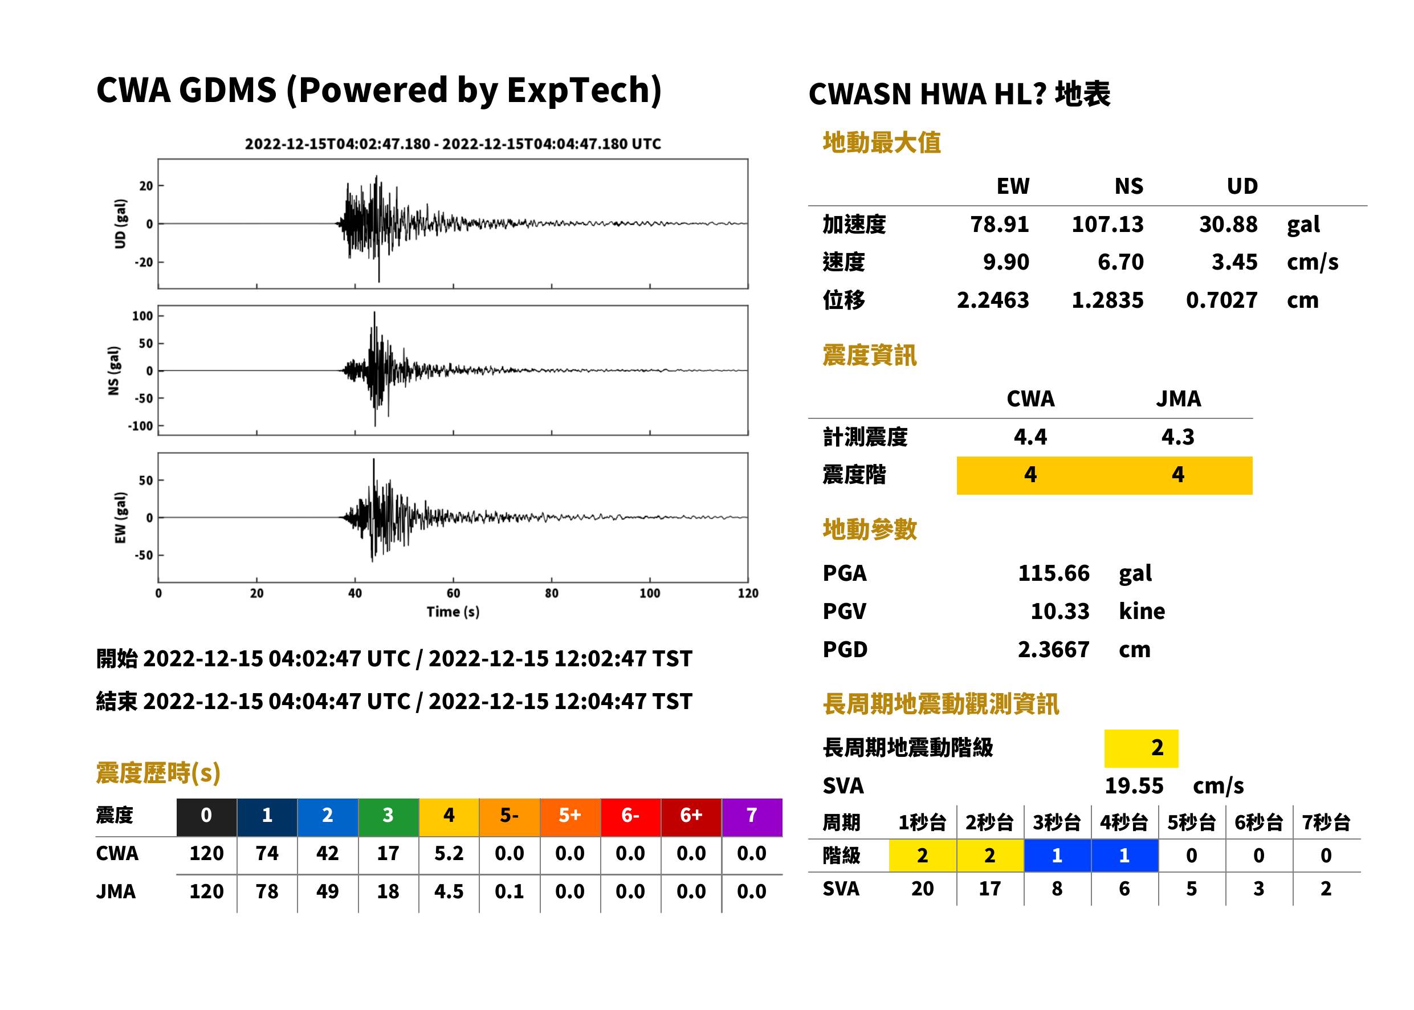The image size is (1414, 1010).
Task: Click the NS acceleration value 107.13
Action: pos(1107,224)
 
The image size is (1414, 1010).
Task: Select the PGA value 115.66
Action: pos(1053,573)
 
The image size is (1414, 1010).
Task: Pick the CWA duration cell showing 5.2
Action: pos(449,853)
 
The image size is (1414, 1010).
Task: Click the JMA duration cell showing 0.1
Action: pos(510,891)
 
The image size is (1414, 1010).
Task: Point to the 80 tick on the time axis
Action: pos(552,593)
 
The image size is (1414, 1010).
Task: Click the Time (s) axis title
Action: pos(453,612)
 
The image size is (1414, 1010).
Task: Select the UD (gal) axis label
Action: pos(121,224)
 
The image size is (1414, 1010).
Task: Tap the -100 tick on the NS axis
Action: pos(141,426)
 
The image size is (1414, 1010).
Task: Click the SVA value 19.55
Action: pos(1134,785)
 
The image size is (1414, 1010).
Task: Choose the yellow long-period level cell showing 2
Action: pos(1141,748)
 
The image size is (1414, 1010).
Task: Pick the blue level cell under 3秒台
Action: pos(1057,856)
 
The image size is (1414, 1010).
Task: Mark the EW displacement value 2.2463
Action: pos(992,300)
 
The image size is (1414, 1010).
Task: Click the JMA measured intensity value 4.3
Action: pos(1177,437)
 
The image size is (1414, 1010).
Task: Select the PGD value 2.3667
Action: pos(1053,649)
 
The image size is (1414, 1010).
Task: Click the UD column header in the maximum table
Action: pos(1242,186)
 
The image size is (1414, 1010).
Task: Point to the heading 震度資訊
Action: pos(869,356)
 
